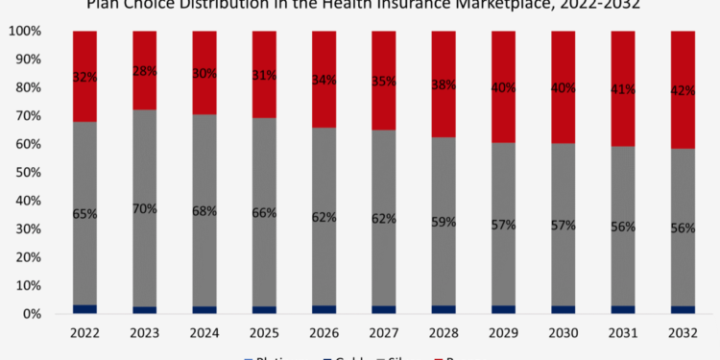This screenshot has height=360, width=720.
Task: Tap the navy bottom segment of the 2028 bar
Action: pos(444,309)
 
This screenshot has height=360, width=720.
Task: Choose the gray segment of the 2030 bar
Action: pos(563,192)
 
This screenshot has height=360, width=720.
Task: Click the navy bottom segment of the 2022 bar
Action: pos(84,308)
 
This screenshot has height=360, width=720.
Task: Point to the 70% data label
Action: pos(144,209)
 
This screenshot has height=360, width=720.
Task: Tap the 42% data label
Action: pos(683,92)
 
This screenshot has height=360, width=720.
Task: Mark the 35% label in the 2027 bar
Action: pos(384,83)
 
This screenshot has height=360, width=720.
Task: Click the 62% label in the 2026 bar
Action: pos(324,218)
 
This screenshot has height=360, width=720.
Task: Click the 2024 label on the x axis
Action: pos(204,332)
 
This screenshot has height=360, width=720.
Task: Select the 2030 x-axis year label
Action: pos(563,332)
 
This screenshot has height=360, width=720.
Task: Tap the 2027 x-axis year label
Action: pos(384,332)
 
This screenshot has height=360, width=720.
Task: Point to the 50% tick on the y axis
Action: pos(26,173)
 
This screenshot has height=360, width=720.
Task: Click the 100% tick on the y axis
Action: pos(23,31)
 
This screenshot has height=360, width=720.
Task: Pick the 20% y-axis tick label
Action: pos(26,257)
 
